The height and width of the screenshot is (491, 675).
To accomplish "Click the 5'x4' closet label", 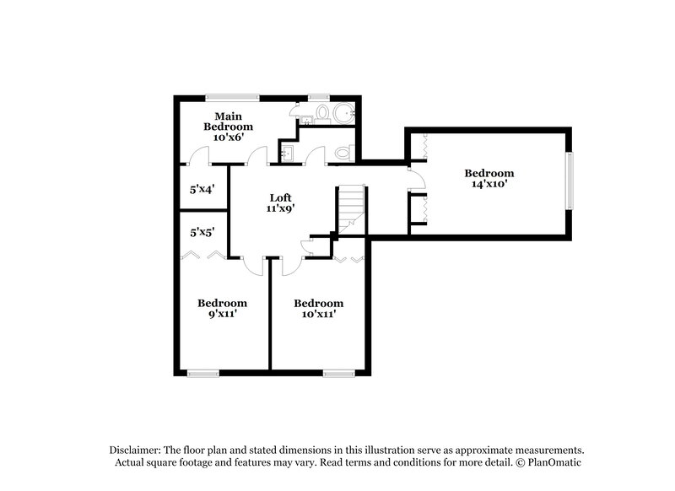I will (199, 190).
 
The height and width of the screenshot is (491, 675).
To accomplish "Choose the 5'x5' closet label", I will (199, 230).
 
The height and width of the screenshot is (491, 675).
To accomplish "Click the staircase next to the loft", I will (351, 211).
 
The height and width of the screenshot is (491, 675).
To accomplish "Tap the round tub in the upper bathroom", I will (343, 113).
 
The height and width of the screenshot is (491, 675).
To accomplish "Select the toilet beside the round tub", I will (322, 112).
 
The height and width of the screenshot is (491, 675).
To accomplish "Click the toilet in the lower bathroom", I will (342, 154).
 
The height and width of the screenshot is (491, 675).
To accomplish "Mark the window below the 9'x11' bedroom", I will (203, 372).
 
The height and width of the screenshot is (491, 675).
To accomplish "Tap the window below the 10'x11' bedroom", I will (338, 372).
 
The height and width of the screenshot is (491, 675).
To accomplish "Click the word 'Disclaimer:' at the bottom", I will (134, 450).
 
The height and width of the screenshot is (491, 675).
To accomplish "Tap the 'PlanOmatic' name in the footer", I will (553, 462).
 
